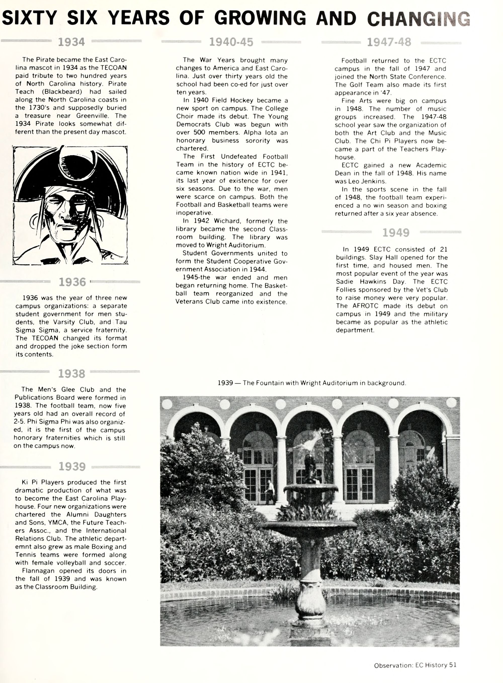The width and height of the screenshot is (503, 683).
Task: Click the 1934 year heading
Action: [x=71, y=42]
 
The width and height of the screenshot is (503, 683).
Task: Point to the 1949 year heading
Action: [x=396, y=233]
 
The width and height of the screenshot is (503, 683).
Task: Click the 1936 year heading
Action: [x=72, y=282]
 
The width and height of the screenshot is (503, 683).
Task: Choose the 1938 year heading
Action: [x=72, y=374]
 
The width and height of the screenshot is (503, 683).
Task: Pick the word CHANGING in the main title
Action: [x=419, y=18]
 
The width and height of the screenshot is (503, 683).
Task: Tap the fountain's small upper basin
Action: [x=311, y=487]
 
